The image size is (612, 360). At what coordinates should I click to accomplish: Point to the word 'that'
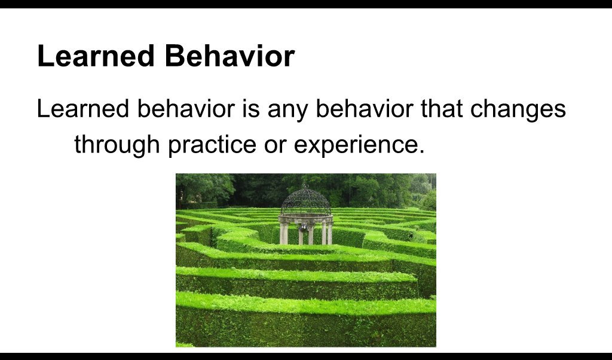tap(432, 110)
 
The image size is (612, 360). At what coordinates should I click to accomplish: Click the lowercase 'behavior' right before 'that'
tap(360, 110)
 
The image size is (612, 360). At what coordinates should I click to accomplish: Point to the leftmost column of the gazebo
tap(283, 233)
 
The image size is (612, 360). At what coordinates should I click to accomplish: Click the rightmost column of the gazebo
tap(329, 233)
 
